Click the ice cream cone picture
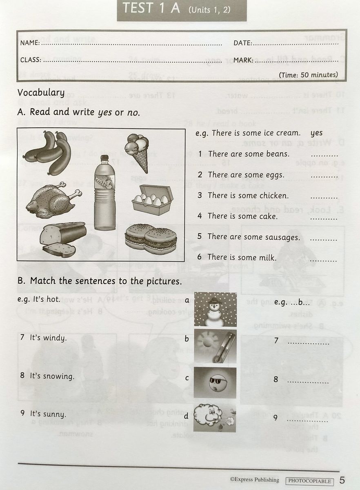tap(137, 150)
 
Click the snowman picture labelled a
tap(215, 309)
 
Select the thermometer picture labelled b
tap(215, 346)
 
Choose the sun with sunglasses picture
tap(215, 383)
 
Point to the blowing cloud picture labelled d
tap(215, 417)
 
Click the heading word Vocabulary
tap(41, 93)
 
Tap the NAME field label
tap(30, 43)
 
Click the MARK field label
tap(243, 60)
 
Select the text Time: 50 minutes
tap(309, 75)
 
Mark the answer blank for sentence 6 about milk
tap(323, 260)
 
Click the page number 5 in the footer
tap(342, 480)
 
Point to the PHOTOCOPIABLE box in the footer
tap(309, 481)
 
